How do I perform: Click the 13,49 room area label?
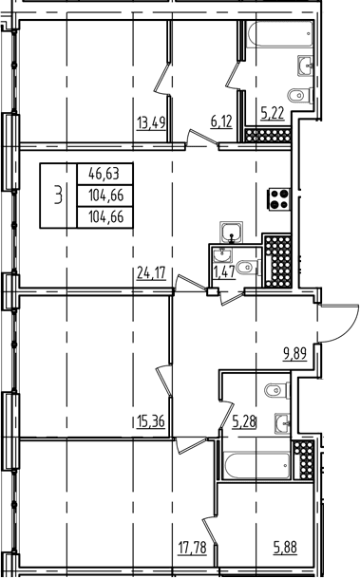(x=151, y=122)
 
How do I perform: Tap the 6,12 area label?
(x=221, y=121)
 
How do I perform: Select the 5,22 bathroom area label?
(x=273, y=114)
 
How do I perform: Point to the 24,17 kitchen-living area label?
(x=151, y=273)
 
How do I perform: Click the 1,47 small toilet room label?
(x=224, y=272)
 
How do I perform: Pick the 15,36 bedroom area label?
(x=150, y=421)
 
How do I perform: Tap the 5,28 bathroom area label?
(x=244, y=421)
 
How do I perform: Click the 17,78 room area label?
(x=192, y=548)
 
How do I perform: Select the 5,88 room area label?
(x=285, y=547)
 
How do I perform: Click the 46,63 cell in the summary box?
(x=104, y=174)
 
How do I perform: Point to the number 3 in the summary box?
(x=58, y=195)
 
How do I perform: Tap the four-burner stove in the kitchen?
(x=280, y=199)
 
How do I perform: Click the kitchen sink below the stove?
(x=231, y=233)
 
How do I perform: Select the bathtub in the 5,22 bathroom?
(x=280, y=34)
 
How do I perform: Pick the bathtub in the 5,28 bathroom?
(x=257, y=466)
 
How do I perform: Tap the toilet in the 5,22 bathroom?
(x=300, y=96)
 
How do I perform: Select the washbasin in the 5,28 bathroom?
(x=282, y=423)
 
